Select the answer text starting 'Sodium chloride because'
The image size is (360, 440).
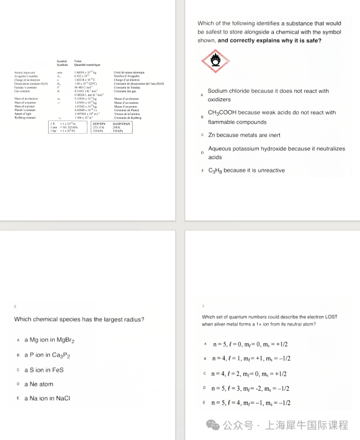point(268,91)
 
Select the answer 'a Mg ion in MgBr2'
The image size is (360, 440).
point(49,340)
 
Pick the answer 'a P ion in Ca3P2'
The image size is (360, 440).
point(47,355)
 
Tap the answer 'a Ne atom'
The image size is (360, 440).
point(39,384)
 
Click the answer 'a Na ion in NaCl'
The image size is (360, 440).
point(47,398)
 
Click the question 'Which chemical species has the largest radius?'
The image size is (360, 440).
point(79,319)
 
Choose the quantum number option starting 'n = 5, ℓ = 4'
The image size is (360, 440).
point(252,403)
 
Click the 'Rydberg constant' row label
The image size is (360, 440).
point(25,118)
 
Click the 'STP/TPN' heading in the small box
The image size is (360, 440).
point(100,124)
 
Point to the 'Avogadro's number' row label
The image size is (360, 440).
point(26,76)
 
